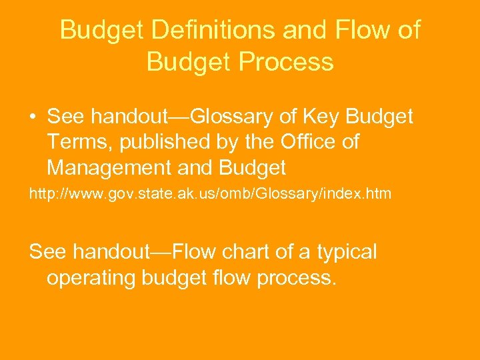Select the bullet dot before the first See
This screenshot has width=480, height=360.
coord(33,118)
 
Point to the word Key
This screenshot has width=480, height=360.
coord(323,117)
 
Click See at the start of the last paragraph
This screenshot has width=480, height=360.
coord(48,252)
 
